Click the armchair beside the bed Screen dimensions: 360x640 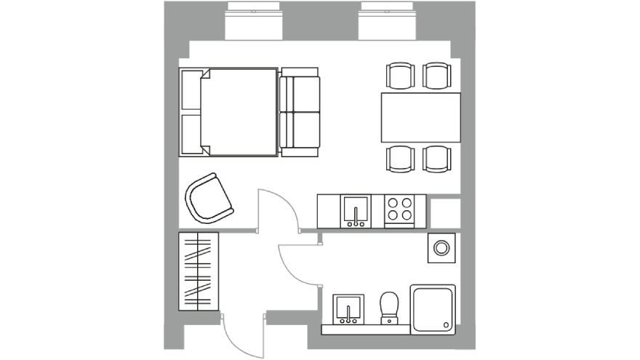[x=210, y=197]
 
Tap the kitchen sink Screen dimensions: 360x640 [x=356, y=211]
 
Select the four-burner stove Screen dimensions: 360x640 [x=399, y=210]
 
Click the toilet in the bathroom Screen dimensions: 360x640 [x=390, y=306]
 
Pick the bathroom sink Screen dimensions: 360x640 [x=349, y=308]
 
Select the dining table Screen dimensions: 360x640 [x=420, y=118]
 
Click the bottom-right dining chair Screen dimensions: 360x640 [x=438, y=159]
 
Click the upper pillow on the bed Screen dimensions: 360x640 [x=191, y=92]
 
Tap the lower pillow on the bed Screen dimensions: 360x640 [x=191, y=132]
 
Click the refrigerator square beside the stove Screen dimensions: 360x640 [x=444, y=211]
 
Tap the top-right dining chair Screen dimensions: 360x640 [x=438, y=76]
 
